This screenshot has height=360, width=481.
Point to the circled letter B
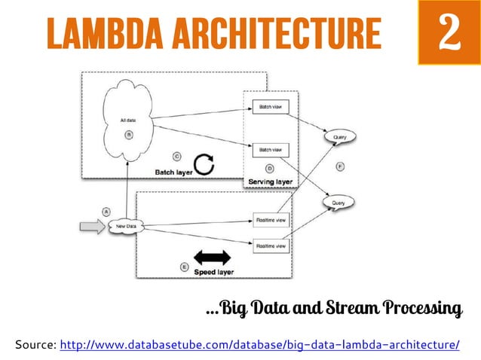pyautogui.click(x=128, y=135)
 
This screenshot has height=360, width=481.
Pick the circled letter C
pyautogui.click(x=176, y=157)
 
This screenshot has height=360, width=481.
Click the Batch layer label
pyautogui.click(x=174, y=171)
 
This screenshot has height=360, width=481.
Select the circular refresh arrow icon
pyautogui.click(x=204, y=165)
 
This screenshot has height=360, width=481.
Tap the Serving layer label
pyautogui.click(x=271, y=182)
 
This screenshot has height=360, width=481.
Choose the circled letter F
pyautogui.click(x=340, y=166)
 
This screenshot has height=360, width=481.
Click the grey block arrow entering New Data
pyautogui.click(x=93, y=224)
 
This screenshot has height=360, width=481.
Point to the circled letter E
pyautogui.click(x=185, y=267)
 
